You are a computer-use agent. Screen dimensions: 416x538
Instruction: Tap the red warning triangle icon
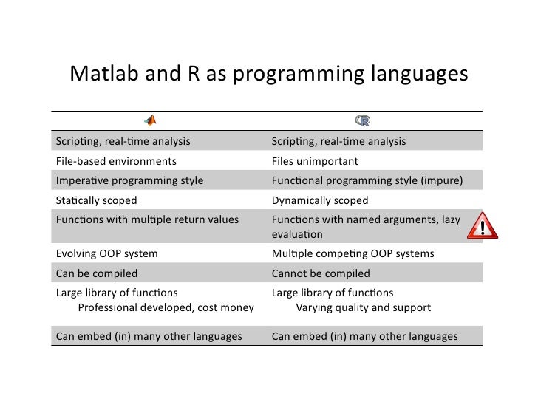pos(483,226)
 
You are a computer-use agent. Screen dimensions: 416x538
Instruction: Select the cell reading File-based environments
pos(116,161)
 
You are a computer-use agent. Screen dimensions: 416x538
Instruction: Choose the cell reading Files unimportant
pos(315,161)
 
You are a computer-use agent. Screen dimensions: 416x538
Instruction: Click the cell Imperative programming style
pos(129,180)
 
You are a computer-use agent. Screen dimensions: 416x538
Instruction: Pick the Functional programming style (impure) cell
pos(367,180)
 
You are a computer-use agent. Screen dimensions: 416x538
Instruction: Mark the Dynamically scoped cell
pos(319,200)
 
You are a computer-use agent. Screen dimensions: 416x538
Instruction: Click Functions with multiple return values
pos(147,219)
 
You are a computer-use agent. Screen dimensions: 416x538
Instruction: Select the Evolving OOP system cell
pos(106,253)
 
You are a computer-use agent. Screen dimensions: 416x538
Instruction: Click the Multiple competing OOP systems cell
pos(353,253)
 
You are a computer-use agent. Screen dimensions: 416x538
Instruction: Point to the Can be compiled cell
pos(96,273)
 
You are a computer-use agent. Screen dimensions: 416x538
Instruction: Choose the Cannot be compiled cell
pos(321,273)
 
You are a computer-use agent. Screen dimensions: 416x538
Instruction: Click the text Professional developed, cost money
pos(166,307)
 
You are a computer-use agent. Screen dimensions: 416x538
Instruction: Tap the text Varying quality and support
pos(363,307)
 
